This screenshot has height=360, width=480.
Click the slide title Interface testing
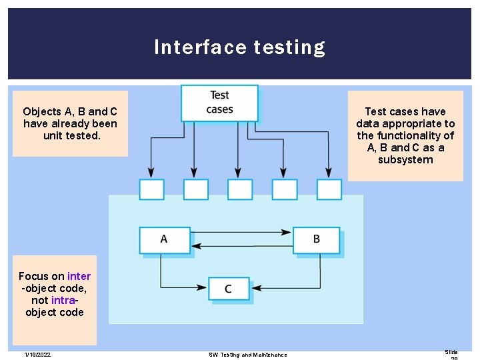(x=239, y=47)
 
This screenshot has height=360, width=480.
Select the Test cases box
(x=219, y=103)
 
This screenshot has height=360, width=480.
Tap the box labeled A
(x=164, y=239)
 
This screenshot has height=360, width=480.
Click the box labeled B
(x=316, y=239)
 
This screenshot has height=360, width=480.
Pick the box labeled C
(x=229, y=289)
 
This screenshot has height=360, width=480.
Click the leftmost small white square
(x=151, y=189)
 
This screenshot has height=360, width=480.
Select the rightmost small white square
(x=329, y=189)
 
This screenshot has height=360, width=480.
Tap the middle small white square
(x=240, y=189)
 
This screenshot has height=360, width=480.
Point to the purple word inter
(x=79, y=276)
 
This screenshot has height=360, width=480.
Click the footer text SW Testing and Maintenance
(x=247, y=355)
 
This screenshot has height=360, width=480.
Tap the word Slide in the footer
(x=451, y=352)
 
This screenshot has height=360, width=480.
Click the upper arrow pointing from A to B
(x=240, y=232)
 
